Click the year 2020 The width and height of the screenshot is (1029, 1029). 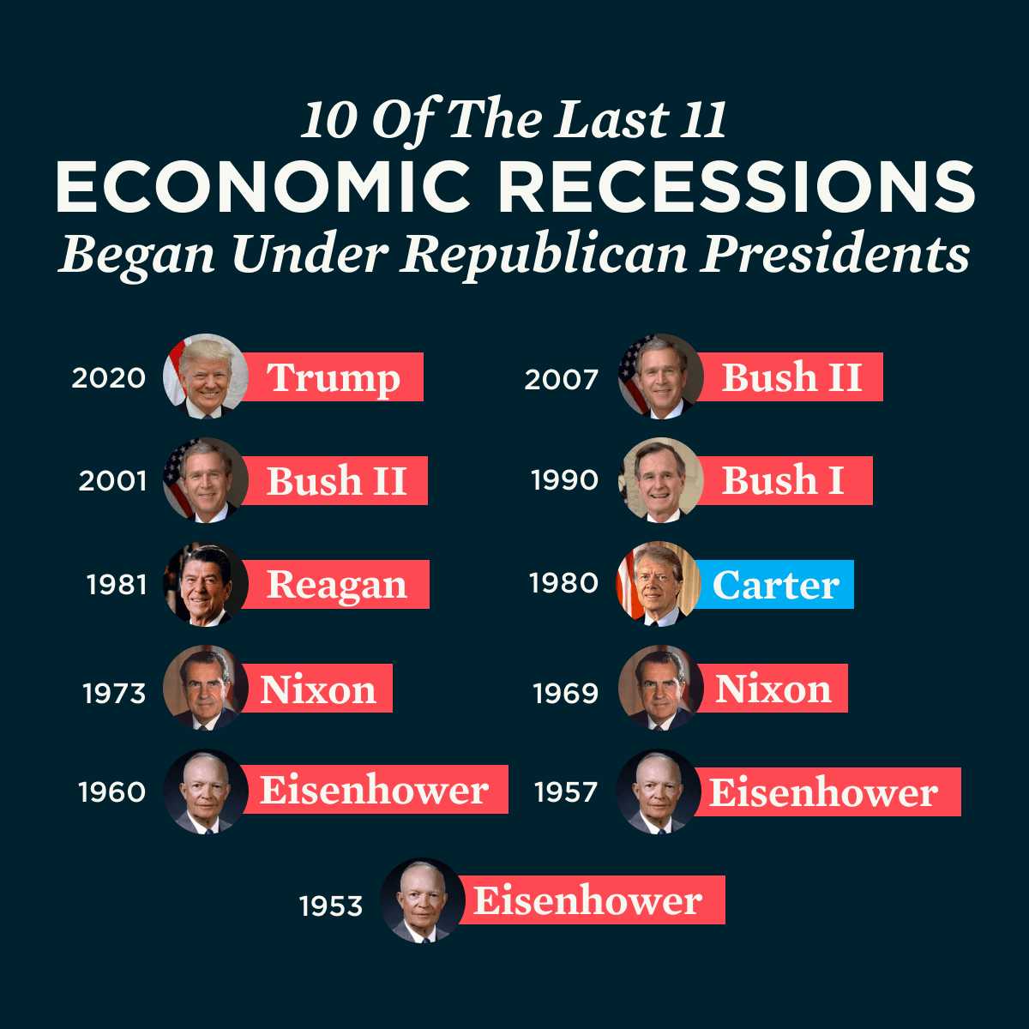click(109, 378)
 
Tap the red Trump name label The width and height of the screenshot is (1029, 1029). click(334, 377)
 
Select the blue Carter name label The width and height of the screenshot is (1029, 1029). click(775, 585)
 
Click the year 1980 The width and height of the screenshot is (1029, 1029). click(563, 584)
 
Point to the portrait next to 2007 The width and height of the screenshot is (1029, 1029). click(660, 376)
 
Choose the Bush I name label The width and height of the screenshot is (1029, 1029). click(783, 480)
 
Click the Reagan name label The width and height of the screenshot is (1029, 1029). click(337, 585)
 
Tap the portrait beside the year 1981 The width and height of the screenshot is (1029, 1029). click(206, 584)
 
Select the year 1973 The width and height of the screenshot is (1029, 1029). click(114, 693)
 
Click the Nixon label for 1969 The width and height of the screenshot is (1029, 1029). click(773, 689)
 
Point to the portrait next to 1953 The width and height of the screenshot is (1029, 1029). click(422, 900)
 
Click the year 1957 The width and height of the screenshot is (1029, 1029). click(565, 792)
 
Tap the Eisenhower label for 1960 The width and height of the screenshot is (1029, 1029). click(375, 790)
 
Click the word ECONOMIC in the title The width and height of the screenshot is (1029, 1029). click(263, 188)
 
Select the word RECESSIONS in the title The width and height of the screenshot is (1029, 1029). click(737, 188)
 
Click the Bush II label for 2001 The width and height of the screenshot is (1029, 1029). click(337, 481)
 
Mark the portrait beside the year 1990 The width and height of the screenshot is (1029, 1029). click(660, 480)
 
